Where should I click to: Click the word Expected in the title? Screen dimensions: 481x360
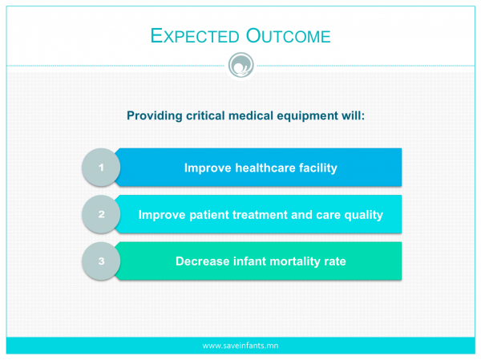point(195,36)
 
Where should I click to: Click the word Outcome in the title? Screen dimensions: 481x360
point(288,36)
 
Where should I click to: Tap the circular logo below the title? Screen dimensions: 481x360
point(241,65)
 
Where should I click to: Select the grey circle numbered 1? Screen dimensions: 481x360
point(101,168)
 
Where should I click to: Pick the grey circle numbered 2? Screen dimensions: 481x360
point(101,214)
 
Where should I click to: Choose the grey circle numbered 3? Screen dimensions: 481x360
point(101,261)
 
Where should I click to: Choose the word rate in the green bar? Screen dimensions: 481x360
point(335,262)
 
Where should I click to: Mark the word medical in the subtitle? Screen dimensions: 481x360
point(251,115)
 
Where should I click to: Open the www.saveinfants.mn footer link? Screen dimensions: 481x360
point(240,346)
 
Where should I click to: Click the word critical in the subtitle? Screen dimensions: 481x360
point(205,115)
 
